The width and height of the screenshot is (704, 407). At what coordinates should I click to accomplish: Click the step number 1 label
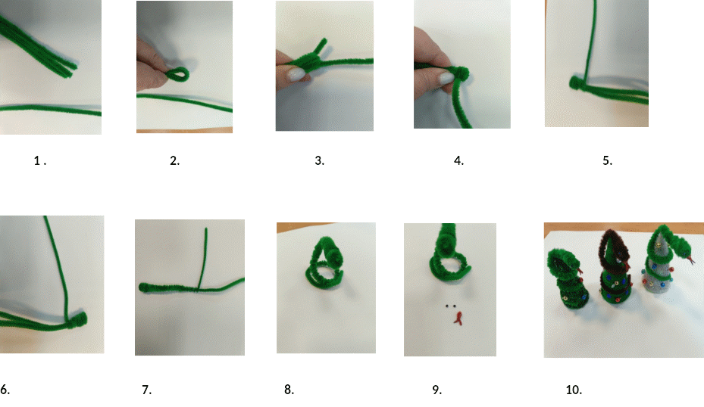coord(40,160)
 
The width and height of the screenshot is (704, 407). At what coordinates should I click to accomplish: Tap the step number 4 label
coord(459,160)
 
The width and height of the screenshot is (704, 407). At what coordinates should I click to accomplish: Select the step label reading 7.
coord(146,390)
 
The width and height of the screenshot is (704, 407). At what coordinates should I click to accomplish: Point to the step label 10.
coord(574,390)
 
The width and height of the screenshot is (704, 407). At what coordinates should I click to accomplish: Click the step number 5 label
coord(608,160)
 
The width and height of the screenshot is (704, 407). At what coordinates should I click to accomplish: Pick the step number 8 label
coord(289,390)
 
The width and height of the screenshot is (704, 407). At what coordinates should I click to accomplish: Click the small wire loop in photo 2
coord(178,74)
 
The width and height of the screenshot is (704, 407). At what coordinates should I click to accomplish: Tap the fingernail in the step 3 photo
coord(295,74)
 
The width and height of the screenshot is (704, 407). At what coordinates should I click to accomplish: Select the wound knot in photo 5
coord(575,82)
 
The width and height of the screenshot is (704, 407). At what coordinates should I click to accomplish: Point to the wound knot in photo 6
coord(78,319)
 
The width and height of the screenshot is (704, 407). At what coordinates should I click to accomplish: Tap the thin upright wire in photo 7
coord(205,259)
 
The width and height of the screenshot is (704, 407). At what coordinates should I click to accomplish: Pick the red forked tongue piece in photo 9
coord(458,318)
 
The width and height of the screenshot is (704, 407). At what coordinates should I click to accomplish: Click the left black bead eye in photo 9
coord(448,306)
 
